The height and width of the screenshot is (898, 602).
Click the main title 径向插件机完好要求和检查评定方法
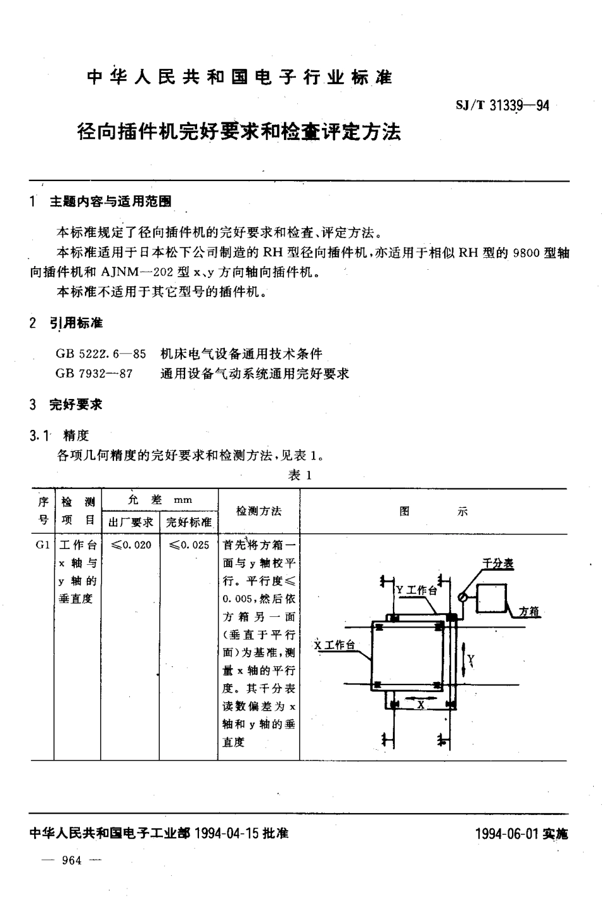pos(239,132)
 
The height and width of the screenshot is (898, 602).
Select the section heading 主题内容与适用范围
pos(110,201)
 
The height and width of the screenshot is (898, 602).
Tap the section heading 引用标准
pos(76,323)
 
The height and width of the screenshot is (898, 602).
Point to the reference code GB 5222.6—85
pos(101,353)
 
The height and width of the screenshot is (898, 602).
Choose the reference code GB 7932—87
pos(94,374)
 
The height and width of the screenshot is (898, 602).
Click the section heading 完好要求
pos(76,404)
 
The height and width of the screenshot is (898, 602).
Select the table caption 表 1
pos(300,475)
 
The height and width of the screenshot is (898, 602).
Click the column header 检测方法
pos(259,511)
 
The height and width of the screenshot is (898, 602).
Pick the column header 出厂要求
pos(130,522)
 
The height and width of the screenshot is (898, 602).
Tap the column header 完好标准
pos(188,522)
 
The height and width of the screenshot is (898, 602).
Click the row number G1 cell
pos(42,545)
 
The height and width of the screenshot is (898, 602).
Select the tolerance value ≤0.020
pos(131,545)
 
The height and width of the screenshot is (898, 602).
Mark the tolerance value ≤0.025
pos(188,545)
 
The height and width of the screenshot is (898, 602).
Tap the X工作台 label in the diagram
pos(334,645)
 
